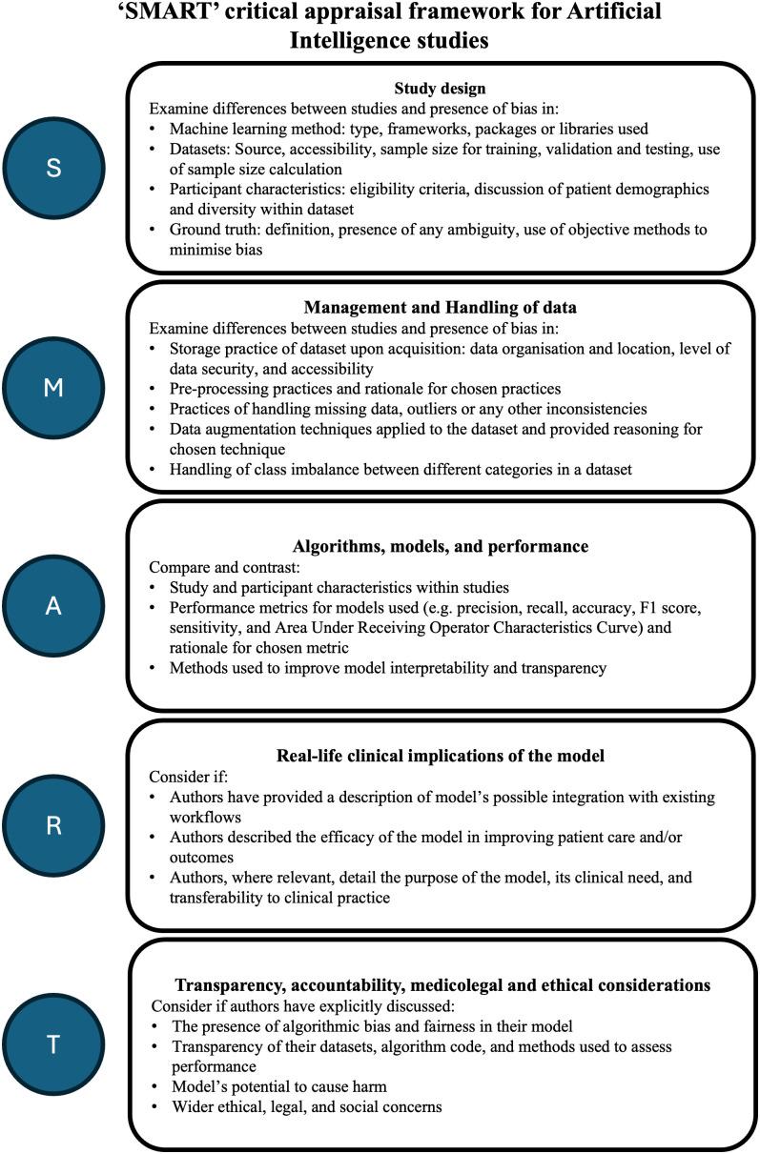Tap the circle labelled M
[54, 388]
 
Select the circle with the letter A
[54, 607]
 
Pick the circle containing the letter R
[54, 824]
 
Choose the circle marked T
[54, 1043]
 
